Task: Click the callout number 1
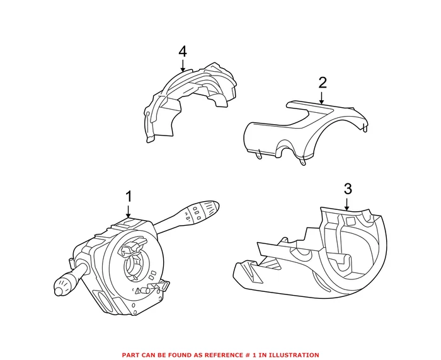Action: tap(129, 197)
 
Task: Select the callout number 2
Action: tap(323, 83)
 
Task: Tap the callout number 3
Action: tap(347, 189)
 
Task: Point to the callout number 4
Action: tap(183, 50)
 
